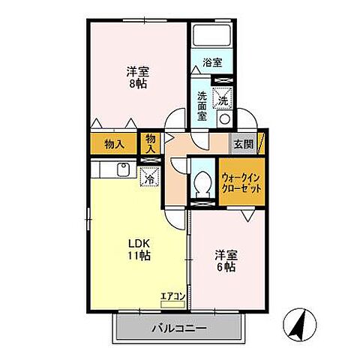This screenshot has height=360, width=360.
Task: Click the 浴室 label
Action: click(x=212, y=63)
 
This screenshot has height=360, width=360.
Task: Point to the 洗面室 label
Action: click(x=202, y=106)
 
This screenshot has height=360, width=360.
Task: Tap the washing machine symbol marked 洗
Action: click(x=223, y=97)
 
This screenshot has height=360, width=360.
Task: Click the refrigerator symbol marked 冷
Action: click(x=148, y=178)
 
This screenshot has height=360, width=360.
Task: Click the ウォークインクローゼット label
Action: click(x=241, y=184)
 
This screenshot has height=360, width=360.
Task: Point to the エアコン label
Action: click(x=172, y=296)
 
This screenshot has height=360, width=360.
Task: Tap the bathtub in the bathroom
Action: click(x=213, y=38)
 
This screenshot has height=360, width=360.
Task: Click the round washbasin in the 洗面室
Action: click(x=223, y=118)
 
